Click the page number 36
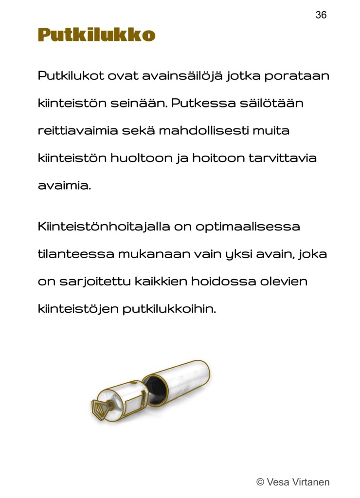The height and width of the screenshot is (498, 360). click(321, 15)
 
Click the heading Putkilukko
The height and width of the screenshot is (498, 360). click(96, 35)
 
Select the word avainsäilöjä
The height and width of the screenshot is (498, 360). click(182, 76)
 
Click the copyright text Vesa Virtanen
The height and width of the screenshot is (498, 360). click(293, 482)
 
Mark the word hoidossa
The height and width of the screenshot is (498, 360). click(214, 282)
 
